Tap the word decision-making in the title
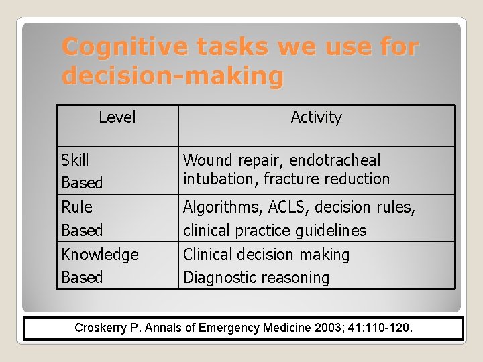coord(172,76)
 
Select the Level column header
coord(117,117)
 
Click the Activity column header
coord(316,117)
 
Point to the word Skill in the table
coord(75,160)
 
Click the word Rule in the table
coord(76,206)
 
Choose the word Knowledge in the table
coord(100,255)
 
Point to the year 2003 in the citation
coord(331,328)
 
